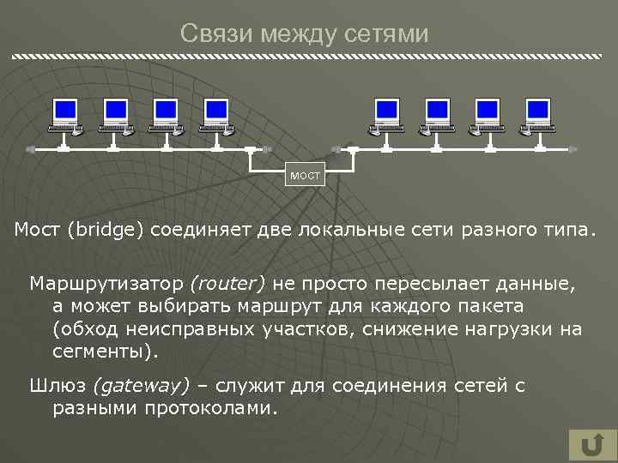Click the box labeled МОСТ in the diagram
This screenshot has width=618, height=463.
pyautogui.click(x=305, y=176)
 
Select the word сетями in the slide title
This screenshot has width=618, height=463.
pyautogui.click(x=391, y=33)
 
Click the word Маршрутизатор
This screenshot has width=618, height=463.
pyautogui.click(x=106, y=283)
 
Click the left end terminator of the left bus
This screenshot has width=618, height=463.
pyautogui.click(x=31, y=149)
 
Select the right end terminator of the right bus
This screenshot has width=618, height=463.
pyautogui.click(x=573, y=149)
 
